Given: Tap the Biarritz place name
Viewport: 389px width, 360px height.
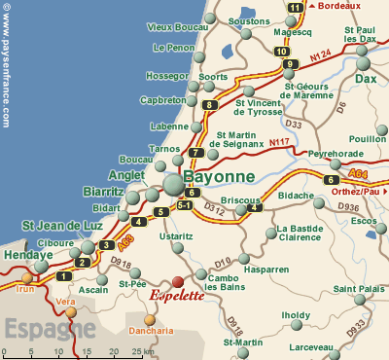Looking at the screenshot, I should pos(101,191).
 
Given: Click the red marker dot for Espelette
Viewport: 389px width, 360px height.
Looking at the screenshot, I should pos(178,281).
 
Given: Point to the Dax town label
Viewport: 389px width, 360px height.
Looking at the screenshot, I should pos(366,78).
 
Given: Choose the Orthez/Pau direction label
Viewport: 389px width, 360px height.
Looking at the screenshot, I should pos(356,191).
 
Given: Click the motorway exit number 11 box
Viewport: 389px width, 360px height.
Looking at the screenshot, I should pos(296,8).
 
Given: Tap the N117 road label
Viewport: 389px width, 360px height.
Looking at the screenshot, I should pos(280,143).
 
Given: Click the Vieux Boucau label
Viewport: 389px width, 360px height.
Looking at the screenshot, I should pos(178,27).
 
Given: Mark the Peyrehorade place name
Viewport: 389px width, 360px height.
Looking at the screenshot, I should pos(336,155).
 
